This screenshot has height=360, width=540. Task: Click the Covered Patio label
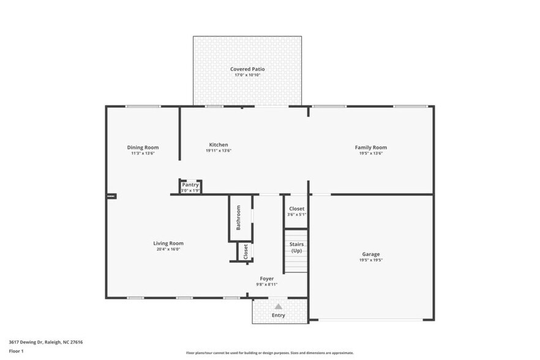(247, 69)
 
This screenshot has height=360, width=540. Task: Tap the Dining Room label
(143, 148)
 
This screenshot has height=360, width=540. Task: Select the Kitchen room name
(218, 145)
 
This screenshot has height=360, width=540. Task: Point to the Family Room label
(370, 148)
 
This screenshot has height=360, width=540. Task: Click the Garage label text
(370, 254)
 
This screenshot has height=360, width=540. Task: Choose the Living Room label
(168, 244)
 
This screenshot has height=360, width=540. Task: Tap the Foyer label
(267, 279)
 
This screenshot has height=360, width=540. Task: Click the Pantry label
(190, 185)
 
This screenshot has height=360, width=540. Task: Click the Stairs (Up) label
(296, 248)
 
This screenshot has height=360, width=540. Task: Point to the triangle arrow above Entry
(279, 306)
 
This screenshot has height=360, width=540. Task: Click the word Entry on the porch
(279, 315)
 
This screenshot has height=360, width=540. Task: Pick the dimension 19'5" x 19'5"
(370, 260)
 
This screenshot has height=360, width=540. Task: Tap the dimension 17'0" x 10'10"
(247, 75)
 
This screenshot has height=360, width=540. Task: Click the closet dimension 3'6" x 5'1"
(296, 215)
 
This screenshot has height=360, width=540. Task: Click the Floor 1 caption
(16, 351)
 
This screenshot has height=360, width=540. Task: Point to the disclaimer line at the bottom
(269, 353)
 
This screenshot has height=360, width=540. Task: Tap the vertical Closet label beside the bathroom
(246, 252)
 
